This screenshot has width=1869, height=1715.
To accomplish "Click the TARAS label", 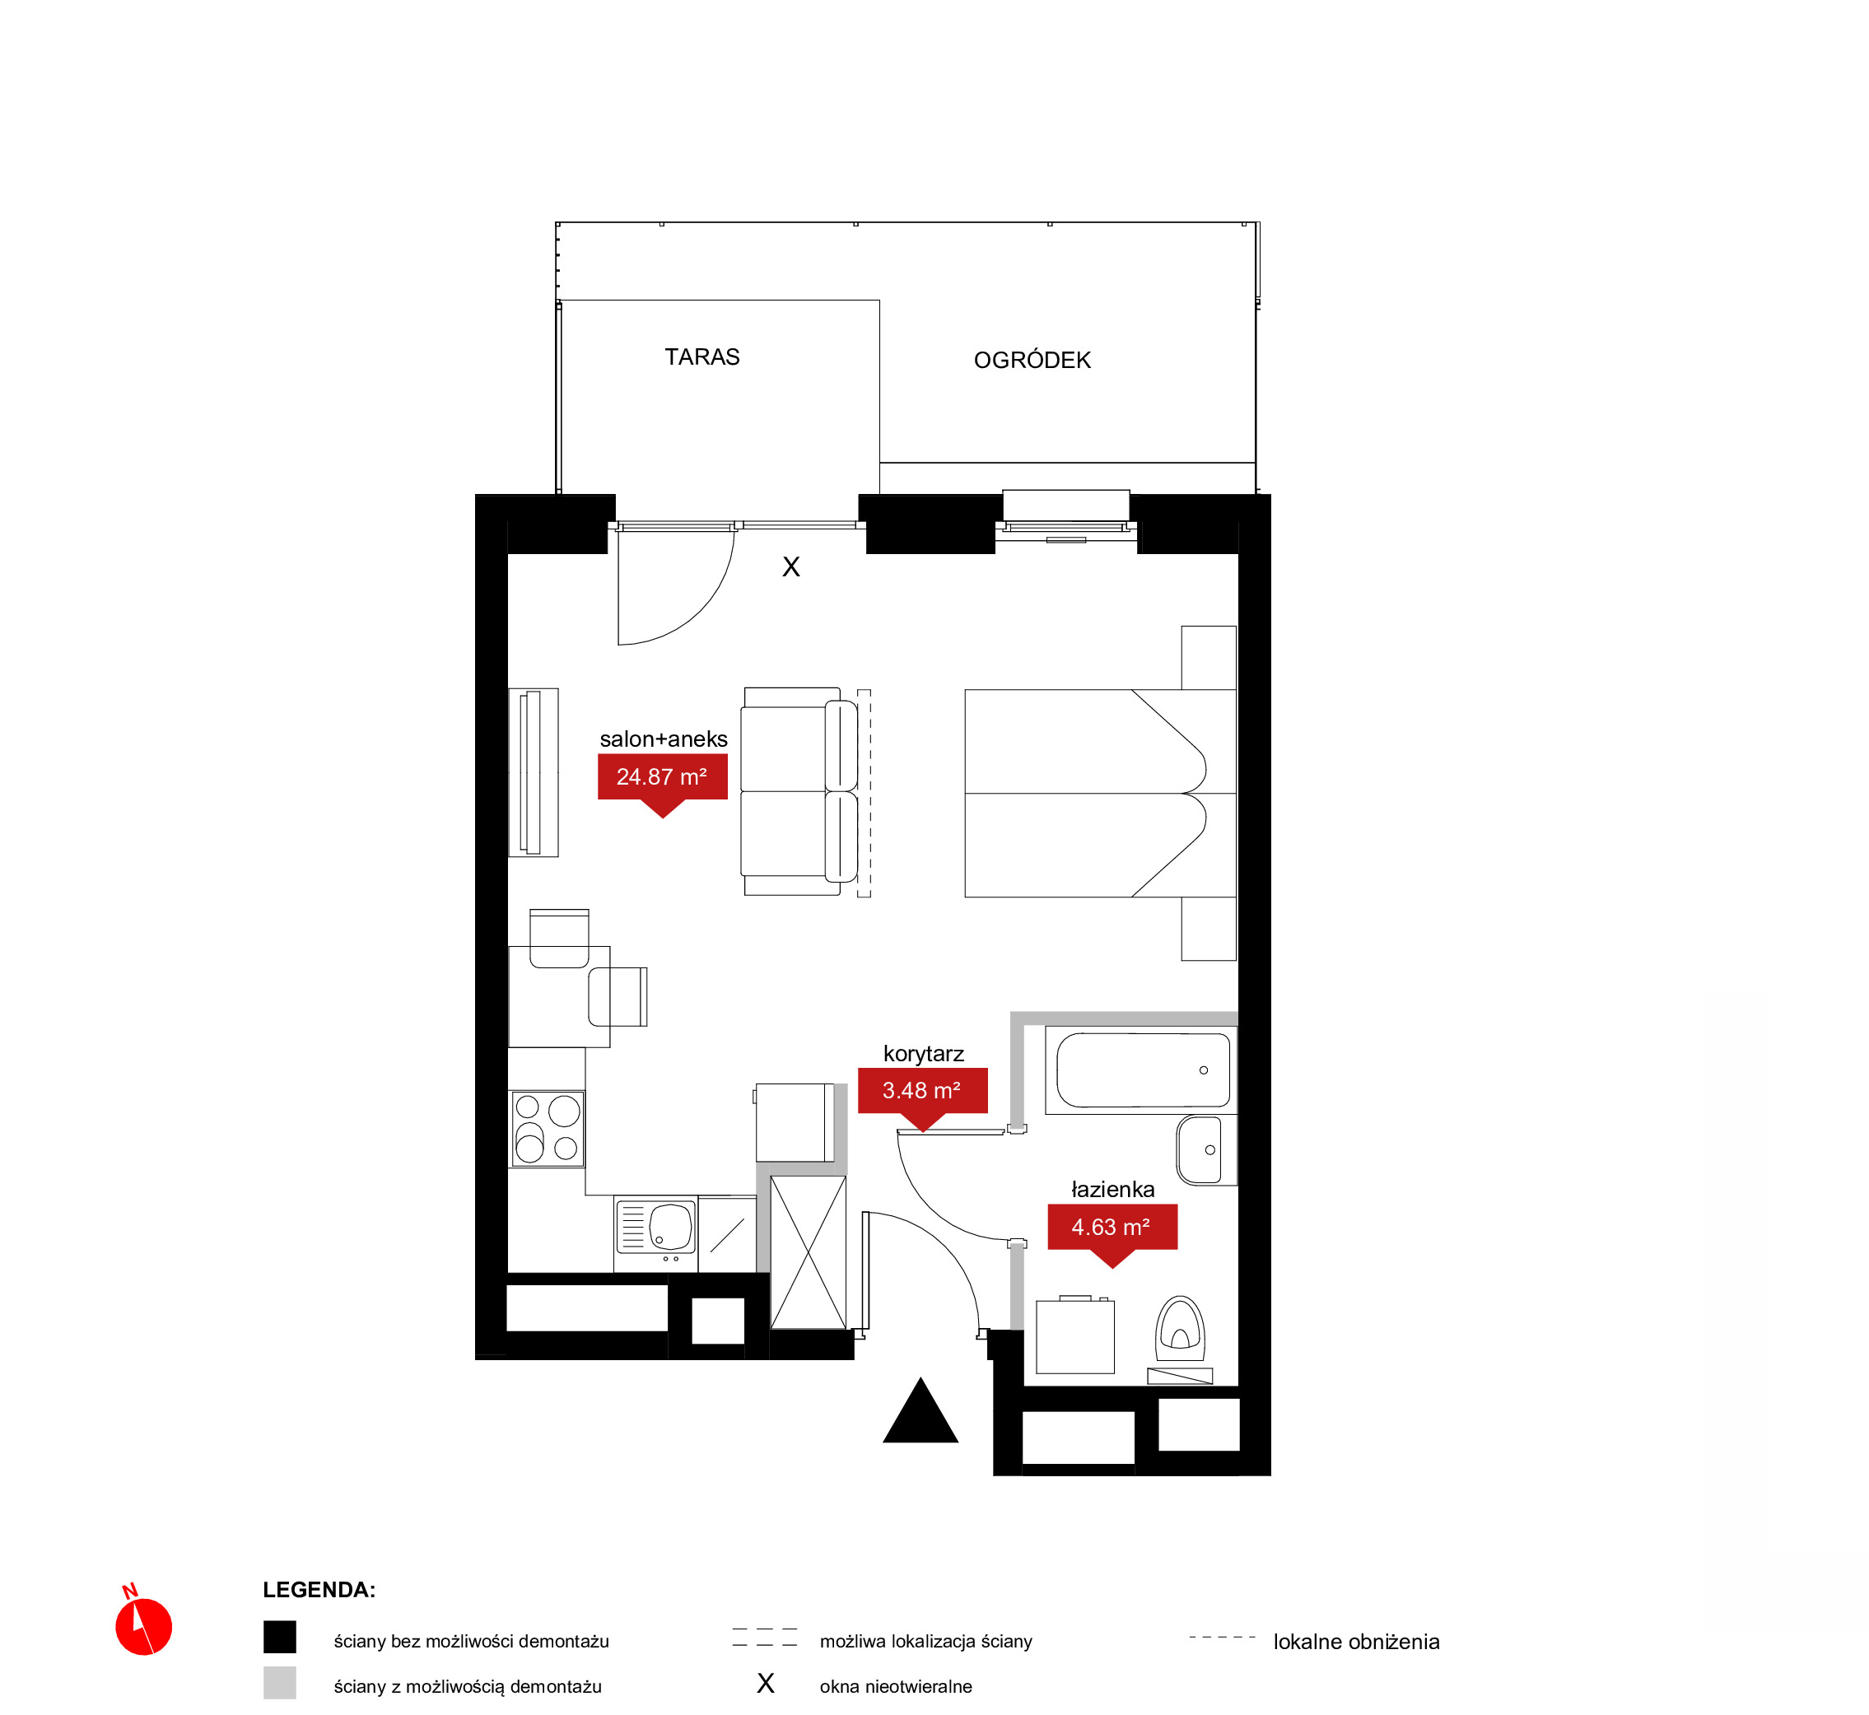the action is click(701, 357).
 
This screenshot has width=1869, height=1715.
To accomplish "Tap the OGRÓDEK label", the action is click(1032, 360).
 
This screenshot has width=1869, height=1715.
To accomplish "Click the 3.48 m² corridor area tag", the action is click(921, 1096).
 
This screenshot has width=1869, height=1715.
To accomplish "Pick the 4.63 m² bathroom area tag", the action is click(1112, 1233).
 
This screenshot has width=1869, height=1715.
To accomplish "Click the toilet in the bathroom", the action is click(1180, 1336).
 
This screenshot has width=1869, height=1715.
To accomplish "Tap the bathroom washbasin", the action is click(1206, 1150).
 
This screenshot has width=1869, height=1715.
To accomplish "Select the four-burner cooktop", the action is click(548, 1129).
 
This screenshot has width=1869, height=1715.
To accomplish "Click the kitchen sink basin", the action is click(671, 1227).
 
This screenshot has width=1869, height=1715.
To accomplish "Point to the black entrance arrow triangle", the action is click(920, 1410).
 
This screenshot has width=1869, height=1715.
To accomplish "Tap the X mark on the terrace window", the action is click(790, 567).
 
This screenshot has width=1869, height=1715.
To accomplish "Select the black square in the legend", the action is click(279, 1637).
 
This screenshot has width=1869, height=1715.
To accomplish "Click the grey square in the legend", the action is click(279, 1683).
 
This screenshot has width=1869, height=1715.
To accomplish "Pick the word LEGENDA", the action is click(319, 1590).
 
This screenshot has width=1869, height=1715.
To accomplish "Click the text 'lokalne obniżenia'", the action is click(1356, 1642).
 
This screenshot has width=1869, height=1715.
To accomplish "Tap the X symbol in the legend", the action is click(766, 1684).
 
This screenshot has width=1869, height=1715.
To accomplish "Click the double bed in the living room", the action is click(1100, 794).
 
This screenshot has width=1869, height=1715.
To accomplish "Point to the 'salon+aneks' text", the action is click(664, 739).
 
